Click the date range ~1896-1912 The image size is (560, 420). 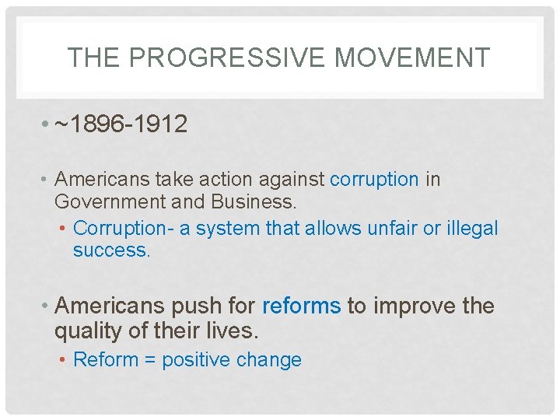click(x=121, y=124)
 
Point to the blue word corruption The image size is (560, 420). click(x=374, y=180)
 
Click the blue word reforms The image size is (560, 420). click(x=302, y=306)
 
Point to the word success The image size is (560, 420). click(x=110, y=250)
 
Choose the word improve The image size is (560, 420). click(x=412, y=306)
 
